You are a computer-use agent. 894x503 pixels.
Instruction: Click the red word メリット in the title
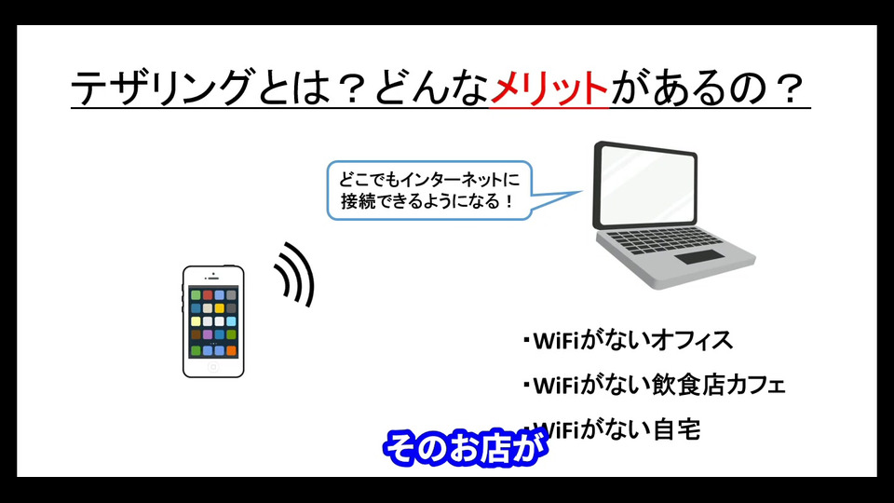pos(549,88)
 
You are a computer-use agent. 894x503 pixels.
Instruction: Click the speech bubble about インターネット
pos(429,190)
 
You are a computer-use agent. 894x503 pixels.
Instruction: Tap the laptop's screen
pos(646,185)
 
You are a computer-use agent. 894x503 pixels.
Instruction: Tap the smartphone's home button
pos(213,367)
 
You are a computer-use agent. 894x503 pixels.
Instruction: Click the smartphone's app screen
pos(213,322)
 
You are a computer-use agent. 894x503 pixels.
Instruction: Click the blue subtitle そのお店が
pos(466,448)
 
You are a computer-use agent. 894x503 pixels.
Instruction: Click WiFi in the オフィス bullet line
pos(556,341)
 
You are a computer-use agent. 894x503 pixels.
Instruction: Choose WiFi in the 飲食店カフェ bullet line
pos(556,386)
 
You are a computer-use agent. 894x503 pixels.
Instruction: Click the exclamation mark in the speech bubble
pos(509,201)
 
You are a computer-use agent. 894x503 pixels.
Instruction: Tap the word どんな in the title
pos(431,88)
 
